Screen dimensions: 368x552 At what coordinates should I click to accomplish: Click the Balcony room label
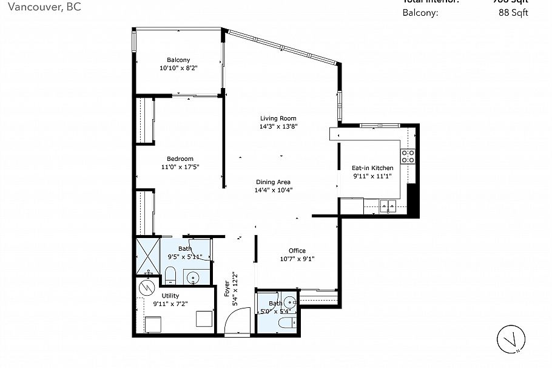click(x=178, y=60)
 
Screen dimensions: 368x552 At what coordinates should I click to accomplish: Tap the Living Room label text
click(x=278, y=118)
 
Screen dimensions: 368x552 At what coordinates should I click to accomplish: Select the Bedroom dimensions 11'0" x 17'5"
click(x=181, y=167)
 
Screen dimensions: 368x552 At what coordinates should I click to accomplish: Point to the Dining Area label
click(x=273, y=182)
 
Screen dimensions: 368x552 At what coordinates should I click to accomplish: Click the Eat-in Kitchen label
click(x=372, y=168)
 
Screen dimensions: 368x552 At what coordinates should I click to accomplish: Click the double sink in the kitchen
click(x=388, y=207)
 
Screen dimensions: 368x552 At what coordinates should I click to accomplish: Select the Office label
click(x=297, y=250)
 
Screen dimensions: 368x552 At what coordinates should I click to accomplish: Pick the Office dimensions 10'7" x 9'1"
click(x=297, y=259)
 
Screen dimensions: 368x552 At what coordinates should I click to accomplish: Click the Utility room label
click(x=170, y=296)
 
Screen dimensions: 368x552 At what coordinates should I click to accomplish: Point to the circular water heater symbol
click(x=146, y=286)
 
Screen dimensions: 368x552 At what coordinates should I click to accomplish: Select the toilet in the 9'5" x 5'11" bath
click(x=170, y=274)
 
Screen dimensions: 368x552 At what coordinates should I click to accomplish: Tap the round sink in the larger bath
click(x=194, y=279)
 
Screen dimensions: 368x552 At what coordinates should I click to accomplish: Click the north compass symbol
click(x=511, y=339)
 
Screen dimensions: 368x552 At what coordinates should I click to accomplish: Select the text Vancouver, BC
click(x=39, y=7)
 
